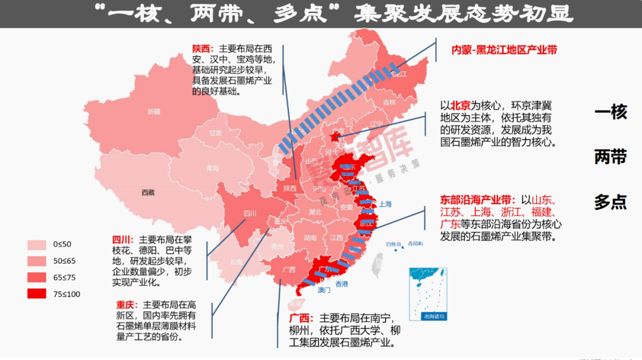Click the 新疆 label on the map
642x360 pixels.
point(154,111)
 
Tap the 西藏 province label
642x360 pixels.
point(148,192)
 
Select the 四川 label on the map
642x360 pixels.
point(250,213)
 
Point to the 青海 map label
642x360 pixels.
point(212,168)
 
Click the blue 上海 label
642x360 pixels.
point(384,204)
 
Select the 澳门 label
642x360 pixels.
point(324,290)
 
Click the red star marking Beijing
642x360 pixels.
point(334,137)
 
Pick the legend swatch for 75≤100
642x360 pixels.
point(37,293)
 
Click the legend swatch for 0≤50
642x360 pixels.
point(37,244)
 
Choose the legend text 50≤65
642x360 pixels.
point(64,261)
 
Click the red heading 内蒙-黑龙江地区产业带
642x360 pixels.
point(504,50)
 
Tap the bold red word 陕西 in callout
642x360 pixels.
point(201,49)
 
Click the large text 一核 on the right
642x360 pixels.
point(610,112)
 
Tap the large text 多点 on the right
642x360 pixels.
point(610,202)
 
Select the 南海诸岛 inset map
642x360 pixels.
point(427,295)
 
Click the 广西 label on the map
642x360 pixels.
point(289,269)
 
